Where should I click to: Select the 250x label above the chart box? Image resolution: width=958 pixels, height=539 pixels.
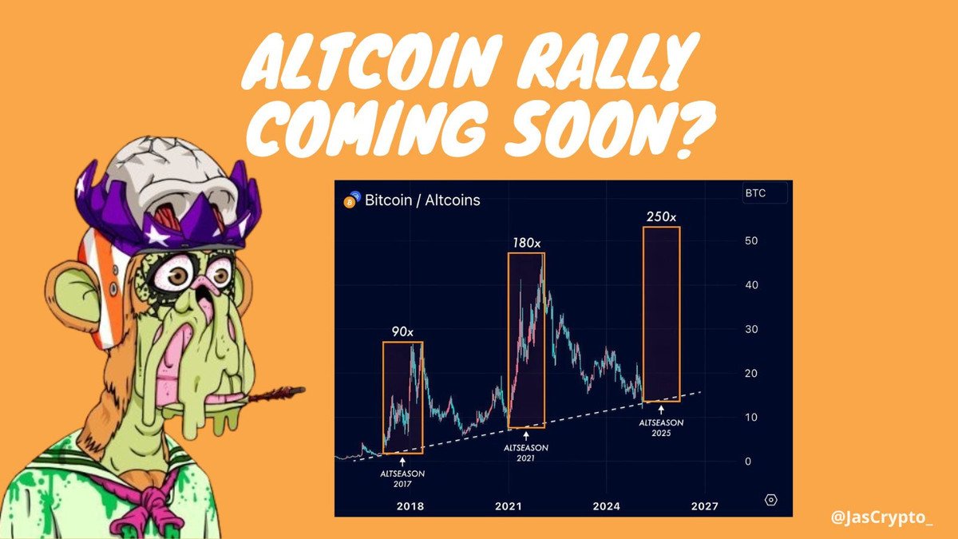pyautogui.click(x=661, y=217)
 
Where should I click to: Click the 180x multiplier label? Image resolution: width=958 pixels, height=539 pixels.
pyautogui.click(x=526, y=243)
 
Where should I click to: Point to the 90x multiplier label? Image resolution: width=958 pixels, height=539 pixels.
pyautogui.click(x=402, y=331)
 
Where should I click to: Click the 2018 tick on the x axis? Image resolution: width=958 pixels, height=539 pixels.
pyautogui.click(x=410, y=506)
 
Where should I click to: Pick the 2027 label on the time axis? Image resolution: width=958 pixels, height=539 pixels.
pyautogui.click(x=705, y=506)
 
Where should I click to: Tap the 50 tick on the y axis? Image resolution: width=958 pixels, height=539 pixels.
pyautogui.click(x=751, y=241)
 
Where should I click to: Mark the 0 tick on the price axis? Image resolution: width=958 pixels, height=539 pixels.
pyautogui.click(x=748, y=462)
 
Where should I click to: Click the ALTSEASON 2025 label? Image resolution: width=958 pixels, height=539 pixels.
pyautogui.click(x=661, y=428)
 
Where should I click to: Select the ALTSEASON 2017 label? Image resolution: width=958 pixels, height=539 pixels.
pyautogui.click(x=402, y=478)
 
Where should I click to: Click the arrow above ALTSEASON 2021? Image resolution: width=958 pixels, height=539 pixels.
pyautogui.click(x=526, y=436)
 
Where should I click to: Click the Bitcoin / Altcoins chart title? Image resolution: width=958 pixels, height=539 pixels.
pyautogui.click(x=422, y=200)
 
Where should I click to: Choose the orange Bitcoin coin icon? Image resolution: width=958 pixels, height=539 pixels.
pyautogui.click(x=350, y=202)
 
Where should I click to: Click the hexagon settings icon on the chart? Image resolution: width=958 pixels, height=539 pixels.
pyautogui.click(x=770, y=500)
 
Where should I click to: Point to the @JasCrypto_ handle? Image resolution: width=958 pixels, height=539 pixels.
pyautogui.click(x=882, y=517)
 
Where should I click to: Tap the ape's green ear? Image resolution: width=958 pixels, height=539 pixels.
pyautogui.click(x=70, y=295)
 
